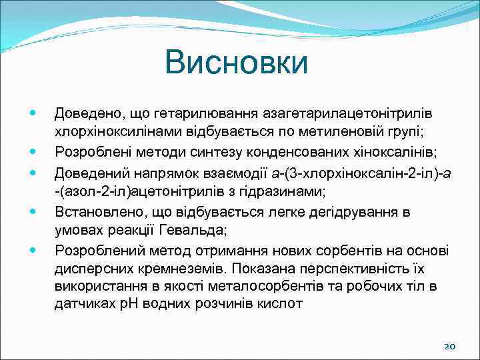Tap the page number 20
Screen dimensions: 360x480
point(449,347)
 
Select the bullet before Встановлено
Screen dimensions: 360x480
point(33,213)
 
